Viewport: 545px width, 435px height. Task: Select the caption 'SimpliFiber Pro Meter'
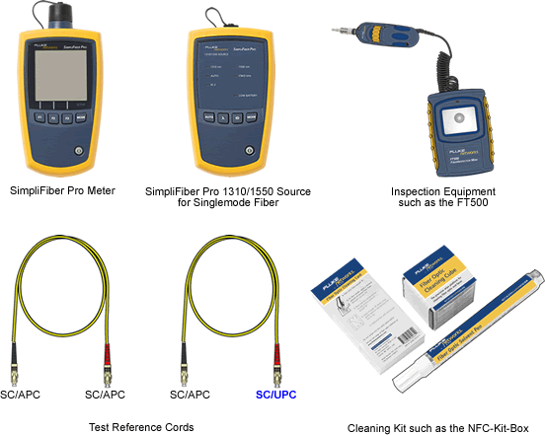(x=62, y=187)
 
